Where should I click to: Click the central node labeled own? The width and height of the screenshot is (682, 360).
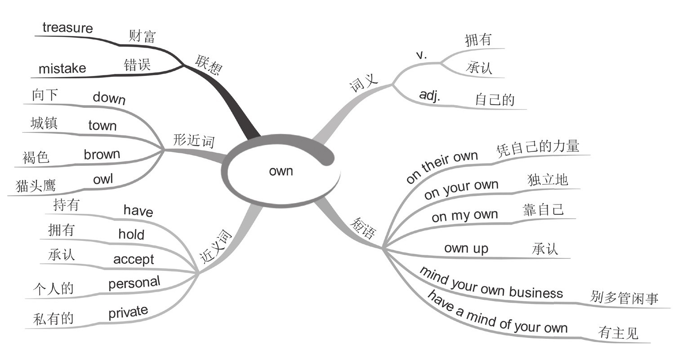click(x=281, y=171)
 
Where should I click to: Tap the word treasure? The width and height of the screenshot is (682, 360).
click(x=67, y=28)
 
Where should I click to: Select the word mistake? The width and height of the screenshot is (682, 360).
click(x=62, y=68)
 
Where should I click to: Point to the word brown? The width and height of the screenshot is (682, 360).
click(x=102, y=154)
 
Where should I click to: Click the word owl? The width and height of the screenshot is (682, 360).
click(x=103, y=179)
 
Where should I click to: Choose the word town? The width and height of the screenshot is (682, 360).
click(x=103, y=125)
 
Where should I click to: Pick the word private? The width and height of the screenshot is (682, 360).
click(x=128, y=311)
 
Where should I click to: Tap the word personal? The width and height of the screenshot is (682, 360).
click(x=134, y=283)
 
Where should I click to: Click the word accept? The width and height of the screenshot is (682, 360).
click(x=134, y=259)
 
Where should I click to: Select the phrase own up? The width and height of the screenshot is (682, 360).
click(x=466, y=248)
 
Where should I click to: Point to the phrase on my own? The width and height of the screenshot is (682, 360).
click(x=465, y=215)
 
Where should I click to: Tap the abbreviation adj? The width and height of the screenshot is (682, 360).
click(x=430, y=95)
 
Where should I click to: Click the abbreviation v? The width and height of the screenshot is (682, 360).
click(x=421, y=55)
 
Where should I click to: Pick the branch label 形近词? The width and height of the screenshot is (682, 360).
click(x=193, y=141)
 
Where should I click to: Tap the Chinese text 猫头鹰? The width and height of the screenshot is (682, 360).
click(x=36, y=185)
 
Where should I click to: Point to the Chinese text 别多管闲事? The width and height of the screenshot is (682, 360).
click(x=624, y=298)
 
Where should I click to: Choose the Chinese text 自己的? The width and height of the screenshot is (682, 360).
click(x=495, y=99)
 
